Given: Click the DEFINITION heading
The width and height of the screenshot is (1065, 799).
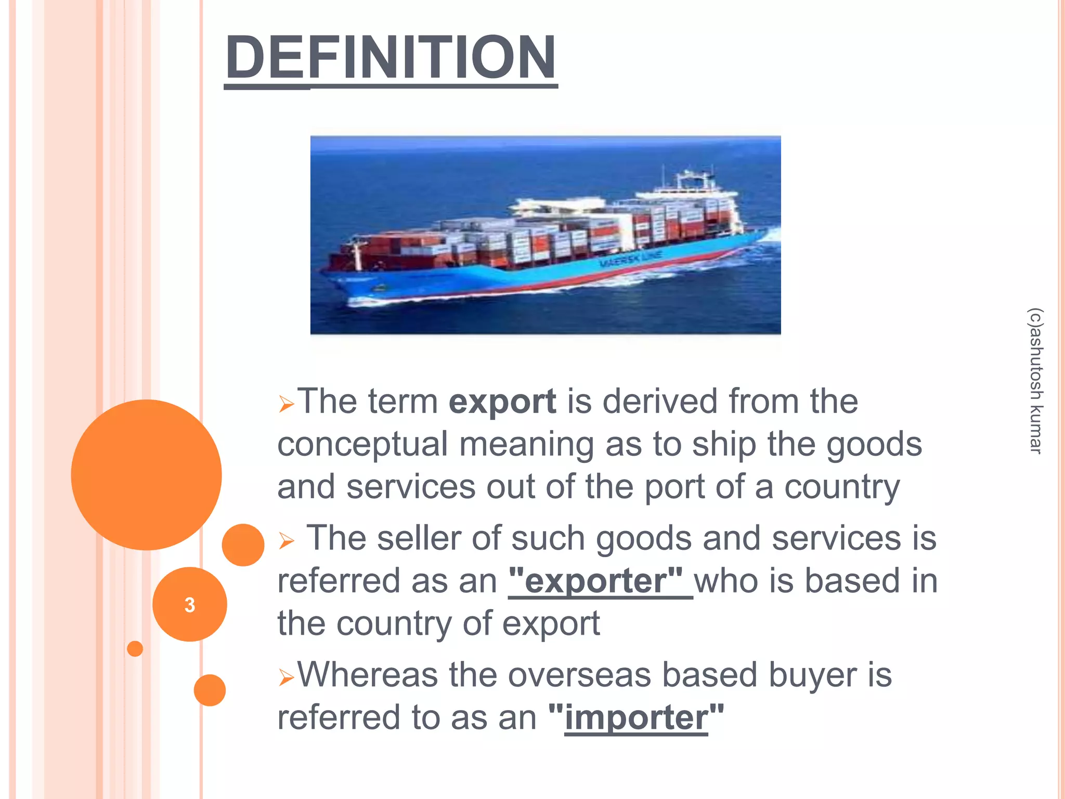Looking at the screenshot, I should pyautogui.click(x=391, y=57).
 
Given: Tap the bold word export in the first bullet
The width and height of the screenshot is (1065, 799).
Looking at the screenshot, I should pyautogui.click(x=502, y=402).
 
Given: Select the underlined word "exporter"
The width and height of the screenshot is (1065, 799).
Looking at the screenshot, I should pyautogui.click(x=595, y=581).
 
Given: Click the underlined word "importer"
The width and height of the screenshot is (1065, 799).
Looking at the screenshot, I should pyautogui.click(x=636, y=718).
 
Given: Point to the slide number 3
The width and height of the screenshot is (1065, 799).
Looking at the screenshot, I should pyautogui.click(x=190, y=604).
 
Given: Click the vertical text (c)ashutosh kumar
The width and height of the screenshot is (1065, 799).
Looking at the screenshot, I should pyautogui.click(x=1035, y=381).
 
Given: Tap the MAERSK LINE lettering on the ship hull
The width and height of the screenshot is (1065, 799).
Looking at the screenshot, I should pyautogui.click(x=630, y=259).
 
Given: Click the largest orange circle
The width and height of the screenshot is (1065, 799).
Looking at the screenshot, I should pyautogui.click(x=146, y=474).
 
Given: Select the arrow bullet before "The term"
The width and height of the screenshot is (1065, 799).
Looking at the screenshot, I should pyautogui.click(x=286, y=404).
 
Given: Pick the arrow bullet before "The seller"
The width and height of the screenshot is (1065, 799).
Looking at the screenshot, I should pyautogui.click(x=286, y=540).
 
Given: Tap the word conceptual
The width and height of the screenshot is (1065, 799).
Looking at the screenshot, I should pyautogui.click(x=362, y=445).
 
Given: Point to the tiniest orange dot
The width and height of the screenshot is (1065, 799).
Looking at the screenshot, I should pyautogui.click(x=135, y=649).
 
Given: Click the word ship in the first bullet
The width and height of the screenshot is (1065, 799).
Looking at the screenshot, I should pyautogui.click(x=724, y=445).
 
